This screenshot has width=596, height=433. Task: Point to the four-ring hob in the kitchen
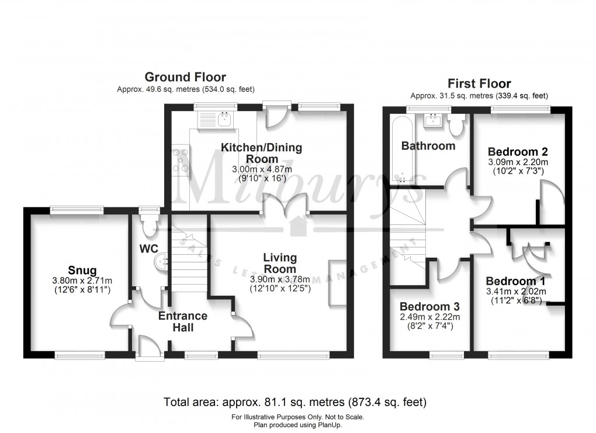(181, 160)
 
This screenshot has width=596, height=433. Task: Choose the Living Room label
(279, 262)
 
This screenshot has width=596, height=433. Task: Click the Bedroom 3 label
(429, 306)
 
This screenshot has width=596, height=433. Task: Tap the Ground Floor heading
(185, 77)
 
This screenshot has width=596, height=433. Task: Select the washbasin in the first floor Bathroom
(433, 121)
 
